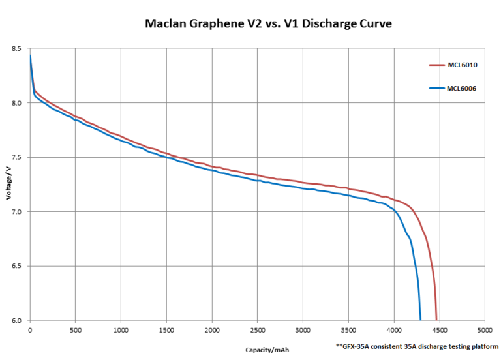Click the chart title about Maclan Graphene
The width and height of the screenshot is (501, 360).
point(267,24)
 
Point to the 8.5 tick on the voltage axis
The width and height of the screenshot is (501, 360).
point(16,49)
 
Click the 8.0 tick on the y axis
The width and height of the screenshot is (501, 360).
point(16,103)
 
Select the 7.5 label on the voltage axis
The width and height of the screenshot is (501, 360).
point(16,157)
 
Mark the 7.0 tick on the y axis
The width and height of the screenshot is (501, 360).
point(16,212)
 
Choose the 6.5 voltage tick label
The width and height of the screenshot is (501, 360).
point(16,266)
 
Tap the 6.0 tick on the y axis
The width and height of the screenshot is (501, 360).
point(16,320)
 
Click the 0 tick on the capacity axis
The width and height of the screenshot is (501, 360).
point(30,331)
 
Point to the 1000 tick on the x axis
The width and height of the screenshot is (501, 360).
point(121,331)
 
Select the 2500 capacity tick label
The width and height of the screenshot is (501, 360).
point(257,331)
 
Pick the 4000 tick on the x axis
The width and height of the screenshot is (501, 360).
point(394,331)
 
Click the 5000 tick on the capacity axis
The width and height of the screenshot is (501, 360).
point(485,331)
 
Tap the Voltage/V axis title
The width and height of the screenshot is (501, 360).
point(8,185)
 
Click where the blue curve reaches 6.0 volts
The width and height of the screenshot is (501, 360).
point(421,320)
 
